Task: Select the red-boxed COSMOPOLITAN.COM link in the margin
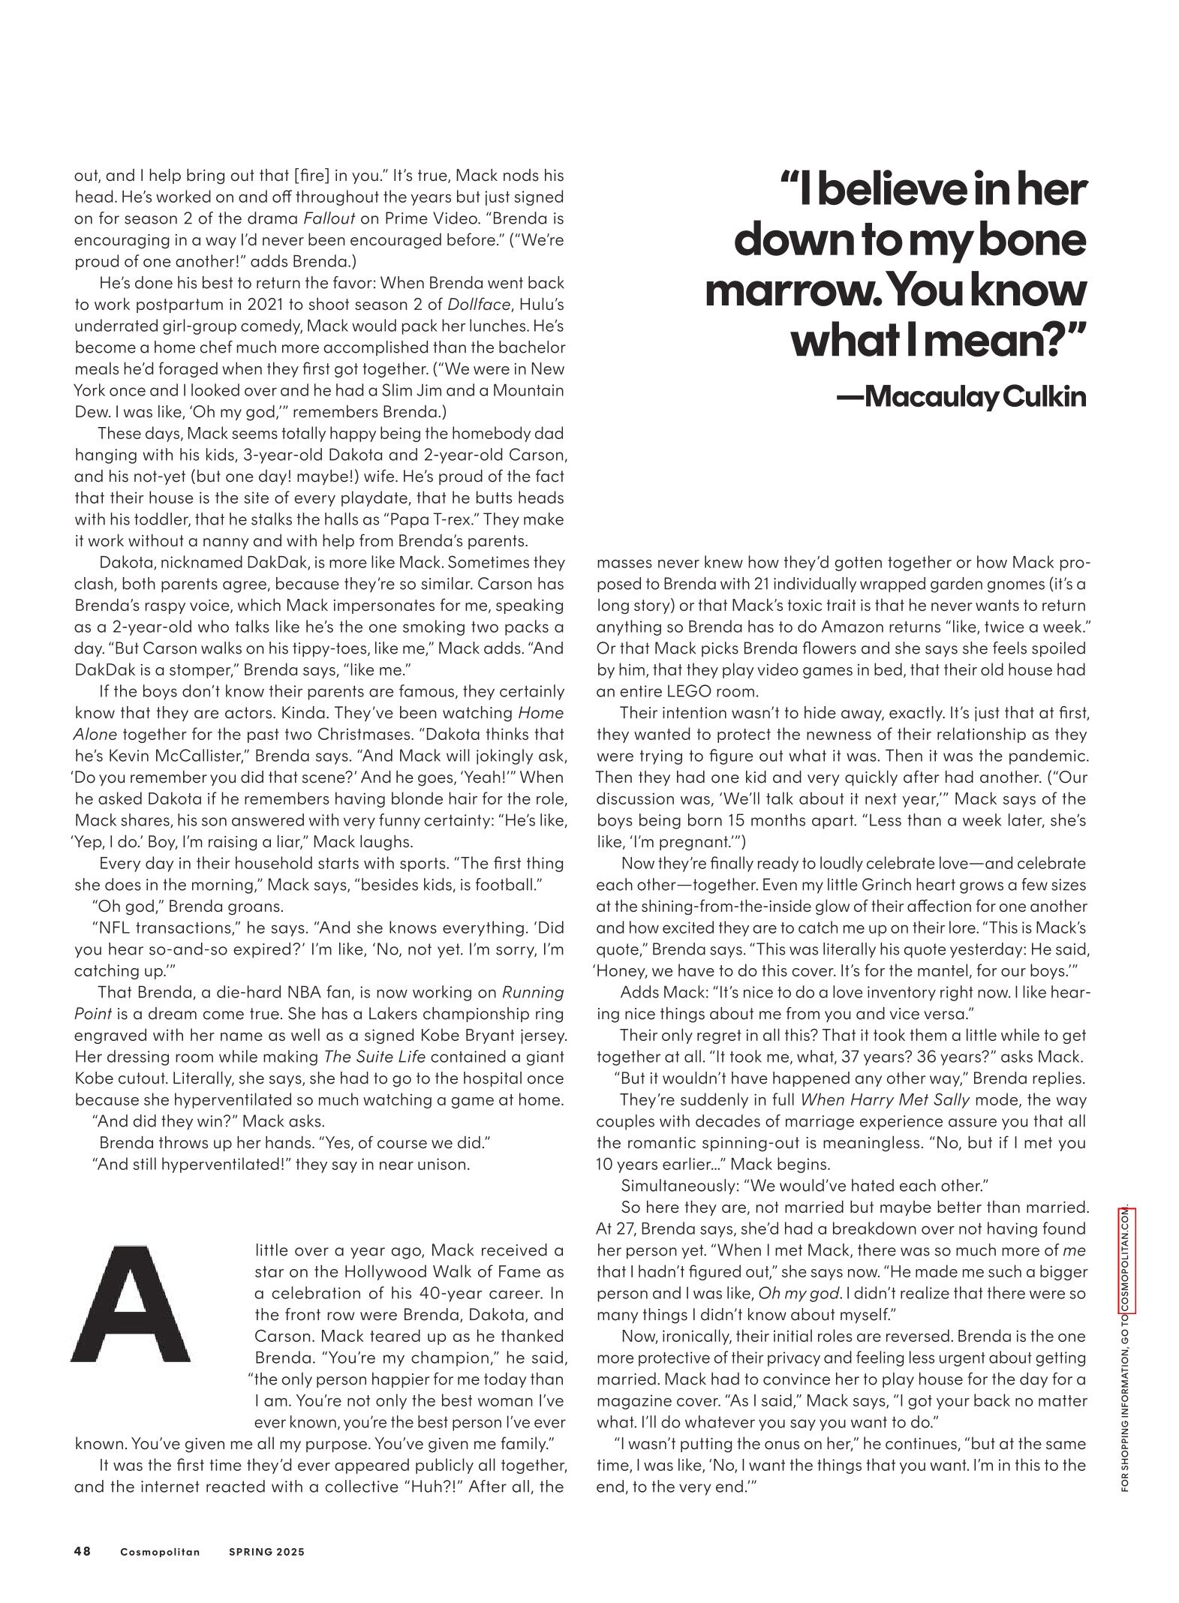click(x=1125, y=1271)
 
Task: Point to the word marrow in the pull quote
click(x=779, y=292)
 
